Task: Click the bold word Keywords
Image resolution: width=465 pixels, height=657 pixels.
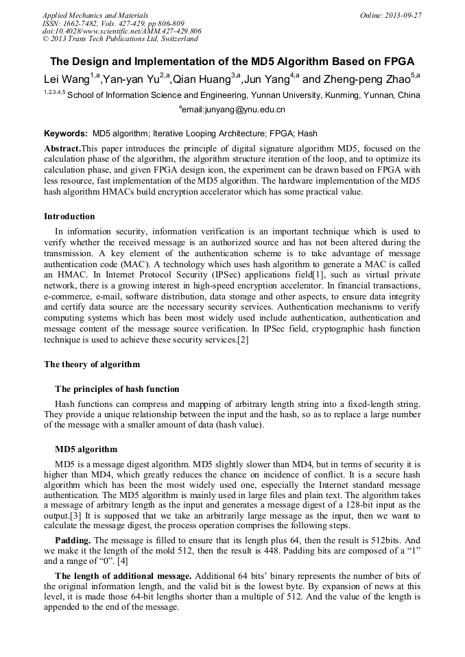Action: click(65, 134)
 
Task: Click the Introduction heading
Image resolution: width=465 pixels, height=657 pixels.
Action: click(69, 216)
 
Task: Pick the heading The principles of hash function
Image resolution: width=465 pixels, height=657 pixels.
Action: click(117, 389)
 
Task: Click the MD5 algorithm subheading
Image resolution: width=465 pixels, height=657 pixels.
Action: click(86, 449)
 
